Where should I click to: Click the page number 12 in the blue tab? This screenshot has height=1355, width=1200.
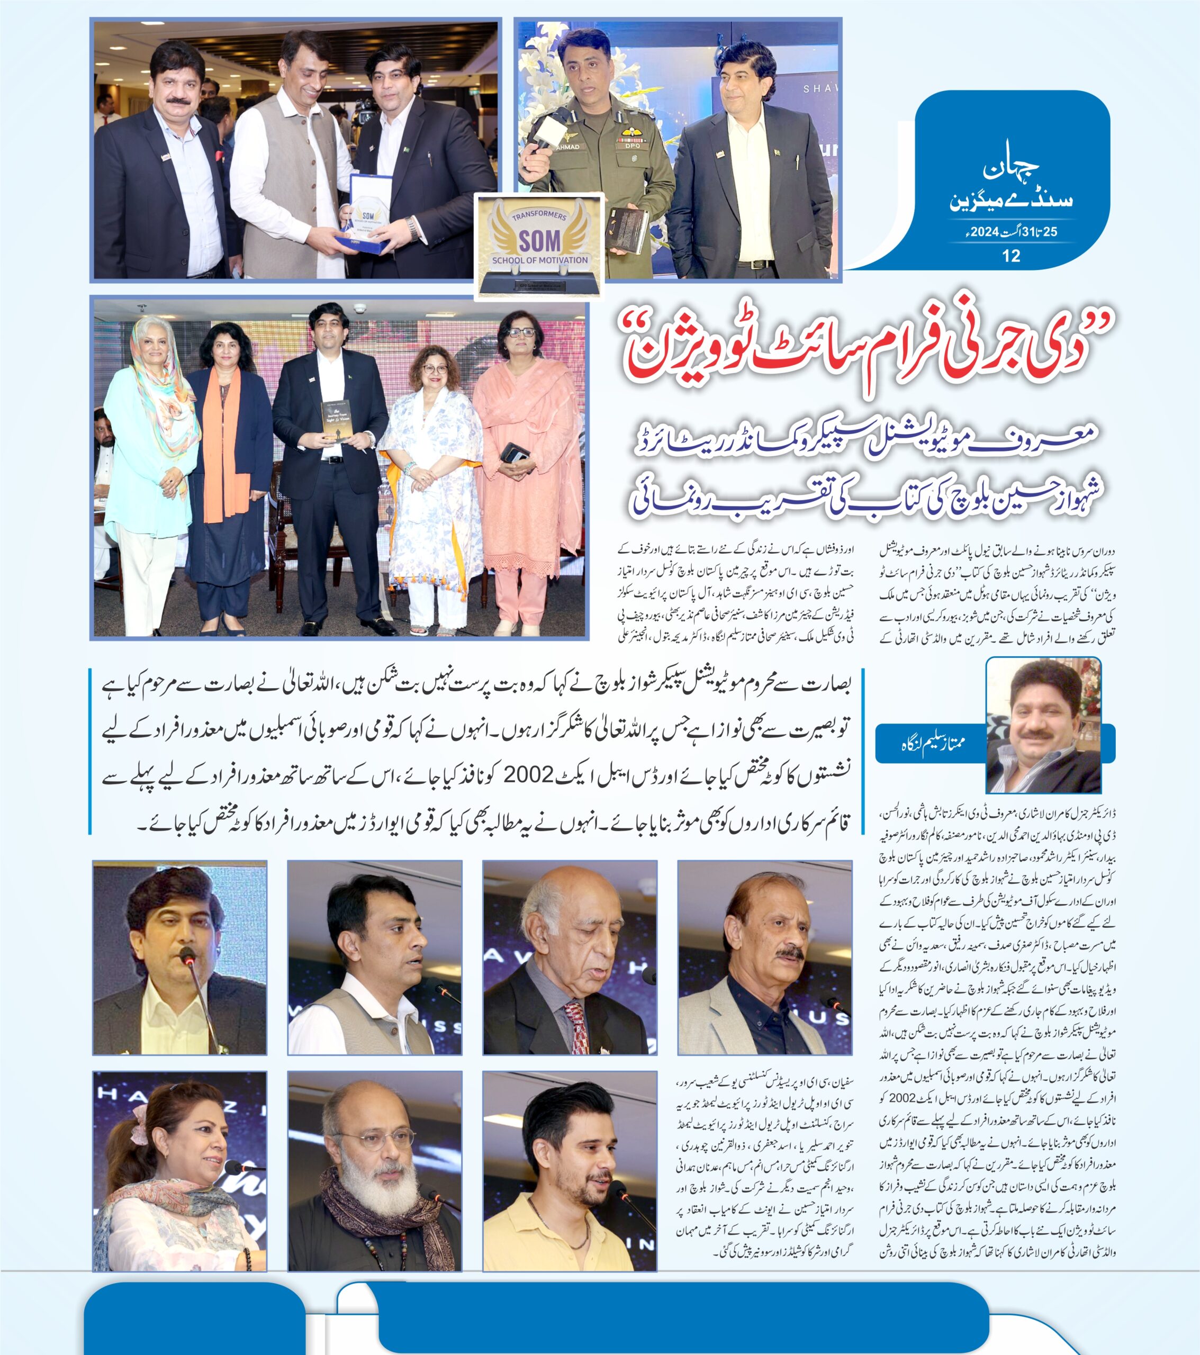1011,256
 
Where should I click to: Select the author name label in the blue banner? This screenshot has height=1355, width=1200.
932,743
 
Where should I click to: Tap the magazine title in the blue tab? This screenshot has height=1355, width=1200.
1011,186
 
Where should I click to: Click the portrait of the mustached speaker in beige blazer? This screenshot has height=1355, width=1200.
764,958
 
